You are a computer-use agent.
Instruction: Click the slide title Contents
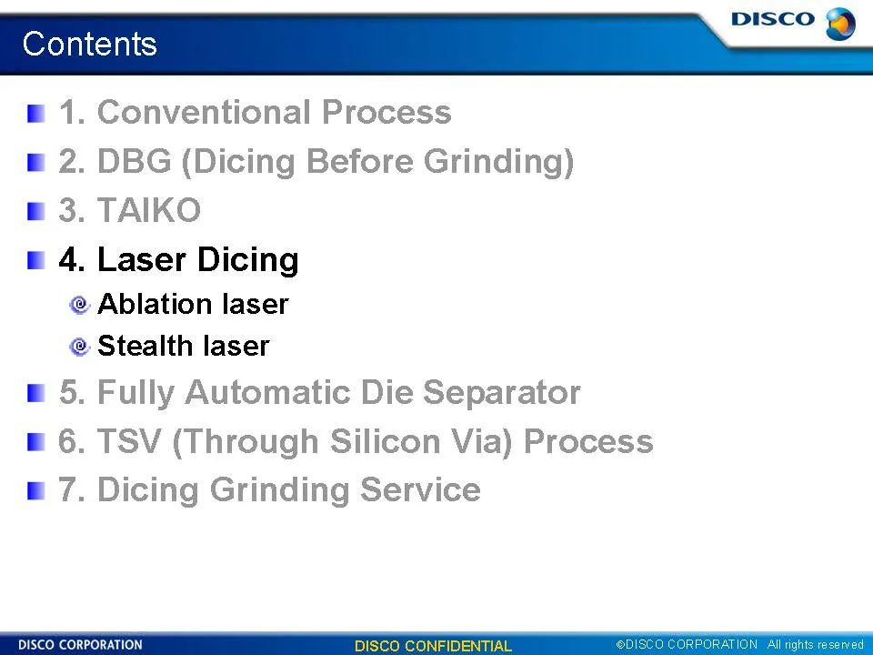90,44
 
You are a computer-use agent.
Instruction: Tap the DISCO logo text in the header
772,19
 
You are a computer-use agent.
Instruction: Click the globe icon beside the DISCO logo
840,24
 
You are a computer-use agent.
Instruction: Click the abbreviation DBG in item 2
135,161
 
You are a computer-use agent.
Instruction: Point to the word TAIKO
148,210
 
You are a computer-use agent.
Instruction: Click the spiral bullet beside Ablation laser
80,305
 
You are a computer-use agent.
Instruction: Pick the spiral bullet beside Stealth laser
80,347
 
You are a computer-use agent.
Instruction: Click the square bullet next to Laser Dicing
35,260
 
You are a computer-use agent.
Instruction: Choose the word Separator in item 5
502,392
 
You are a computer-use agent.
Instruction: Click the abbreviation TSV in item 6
129,441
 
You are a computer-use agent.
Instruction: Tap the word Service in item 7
420,489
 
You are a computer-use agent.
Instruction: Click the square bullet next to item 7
35,490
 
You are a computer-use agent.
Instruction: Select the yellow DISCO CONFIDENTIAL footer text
433,646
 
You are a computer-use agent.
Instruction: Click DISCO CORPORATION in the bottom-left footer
80,645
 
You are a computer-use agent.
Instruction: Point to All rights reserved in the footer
815,644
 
